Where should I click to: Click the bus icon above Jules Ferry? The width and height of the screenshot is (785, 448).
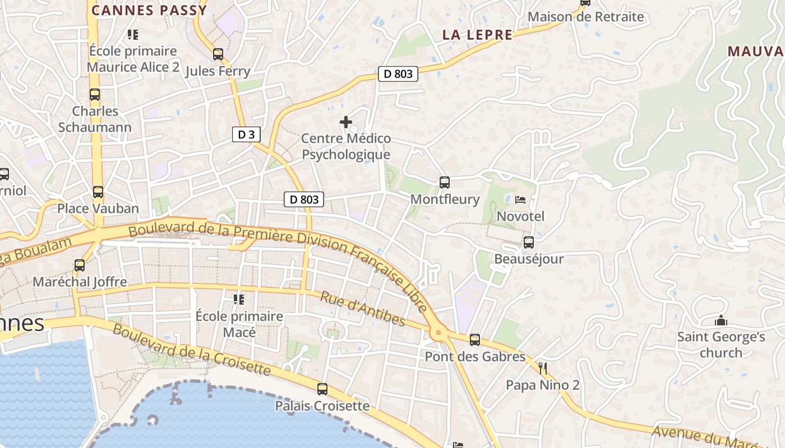(218, 54)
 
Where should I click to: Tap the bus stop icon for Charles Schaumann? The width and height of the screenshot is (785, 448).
(95, 95)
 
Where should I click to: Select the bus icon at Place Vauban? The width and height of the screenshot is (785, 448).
(98, 192)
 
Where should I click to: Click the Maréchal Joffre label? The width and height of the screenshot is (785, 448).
(80, 282)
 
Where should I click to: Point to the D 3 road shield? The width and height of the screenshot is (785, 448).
(246, 134)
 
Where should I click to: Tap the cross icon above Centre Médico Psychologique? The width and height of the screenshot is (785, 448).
(346, 122)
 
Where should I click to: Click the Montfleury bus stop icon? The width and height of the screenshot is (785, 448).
(445, 183)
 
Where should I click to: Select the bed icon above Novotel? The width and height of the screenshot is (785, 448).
(520, 199)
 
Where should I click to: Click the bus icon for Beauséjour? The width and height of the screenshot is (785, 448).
(529, 242)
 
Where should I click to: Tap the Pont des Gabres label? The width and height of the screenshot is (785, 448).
(475, 356)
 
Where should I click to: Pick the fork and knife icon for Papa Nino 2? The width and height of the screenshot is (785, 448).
(542, 368)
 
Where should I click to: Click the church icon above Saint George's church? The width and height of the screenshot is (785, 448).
(721, 321)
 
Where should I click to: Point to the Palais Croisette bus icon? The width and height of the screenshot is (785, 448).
(322, 389)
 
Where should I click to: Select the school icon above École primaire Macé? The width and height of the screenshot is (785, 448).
(239, 300)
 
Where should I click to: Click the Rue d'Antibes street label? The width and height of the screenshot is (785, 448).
(362, 309)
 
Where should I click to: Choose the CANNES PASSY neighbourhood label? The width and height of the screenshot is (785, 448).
(149, 10)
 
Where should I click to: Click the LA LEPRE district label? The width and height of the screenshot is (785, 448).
(477, 35)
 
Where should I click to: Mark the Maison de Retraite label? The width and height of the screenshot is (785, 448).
(586, 17)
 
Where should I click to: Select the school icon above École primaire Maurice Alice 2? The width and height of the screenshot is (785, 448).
(133, 35)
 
